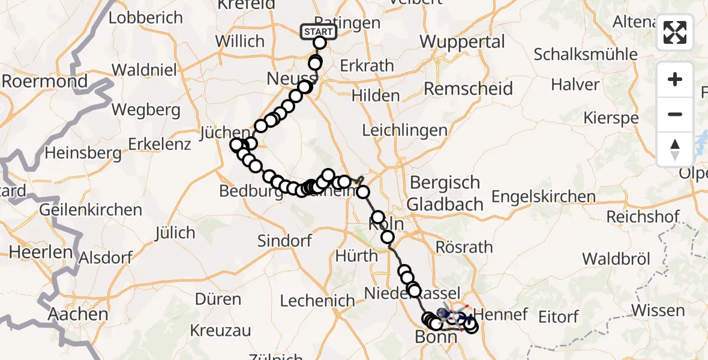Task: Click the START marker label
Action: (317, 31)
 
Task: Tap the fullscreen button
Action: (675, 32)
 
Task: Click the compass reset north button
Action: (675, 149)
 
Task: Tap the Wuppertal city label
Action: (462, 42)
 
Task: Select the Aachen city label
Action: (78, 314)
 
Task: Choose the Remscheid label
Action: (469, 89)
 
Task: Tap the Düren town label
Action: (218, 299)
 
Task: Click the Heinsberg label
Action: (83, 153)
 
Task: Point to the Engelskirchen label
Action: (544, 196)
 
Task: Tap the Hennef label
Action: (501, 314)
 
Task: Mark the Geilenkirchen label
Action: (91, 210)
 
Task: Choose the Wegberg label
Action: (146, 110)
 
